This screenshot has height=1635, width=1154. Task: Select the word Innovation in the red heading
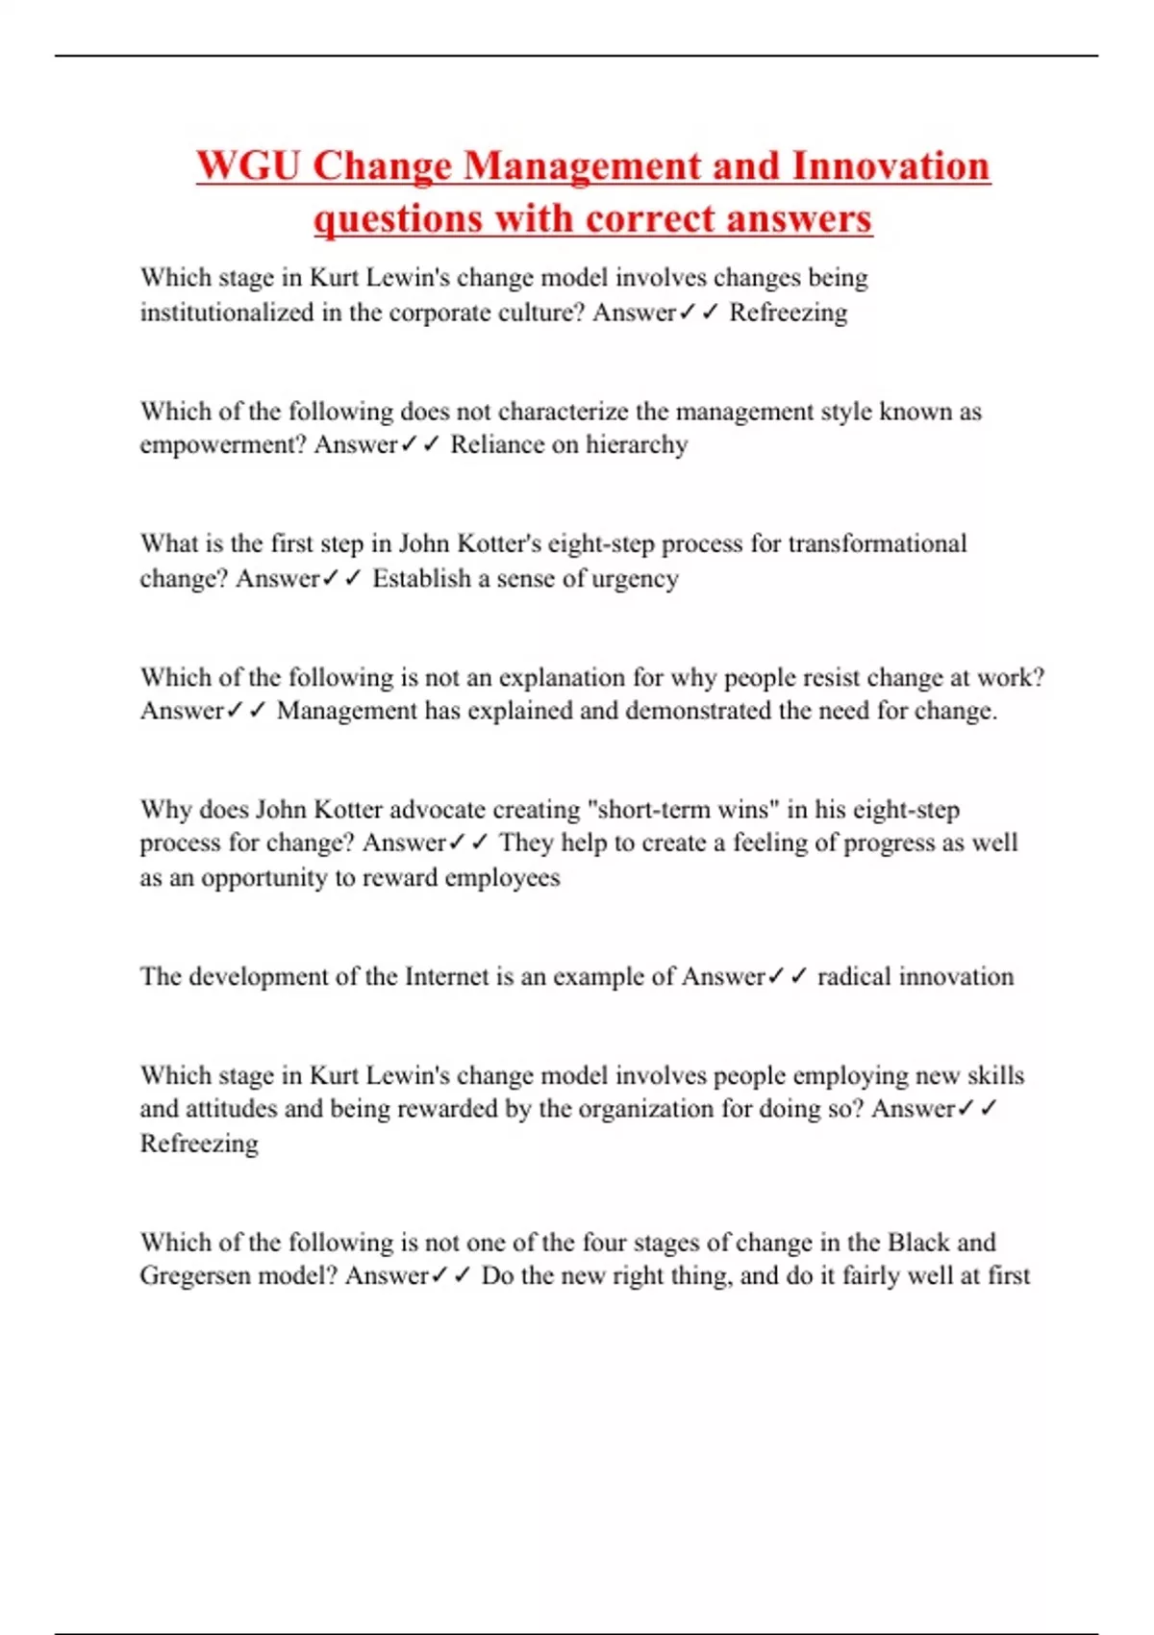coord(891,165)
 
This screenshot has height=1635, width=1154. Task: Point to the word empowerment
coord(222,445)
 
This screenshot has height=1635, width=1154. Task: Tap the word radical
coord(849,977)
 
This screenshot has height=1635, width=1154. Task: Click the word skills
coord(995,1075)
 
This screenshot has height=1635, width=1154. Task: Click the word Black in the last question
coord(918,1243)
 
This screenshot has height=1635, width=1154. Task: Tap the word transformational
coord(877,544)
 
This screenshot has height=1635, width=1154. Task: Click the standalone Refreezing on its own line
coord(199,1144)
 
